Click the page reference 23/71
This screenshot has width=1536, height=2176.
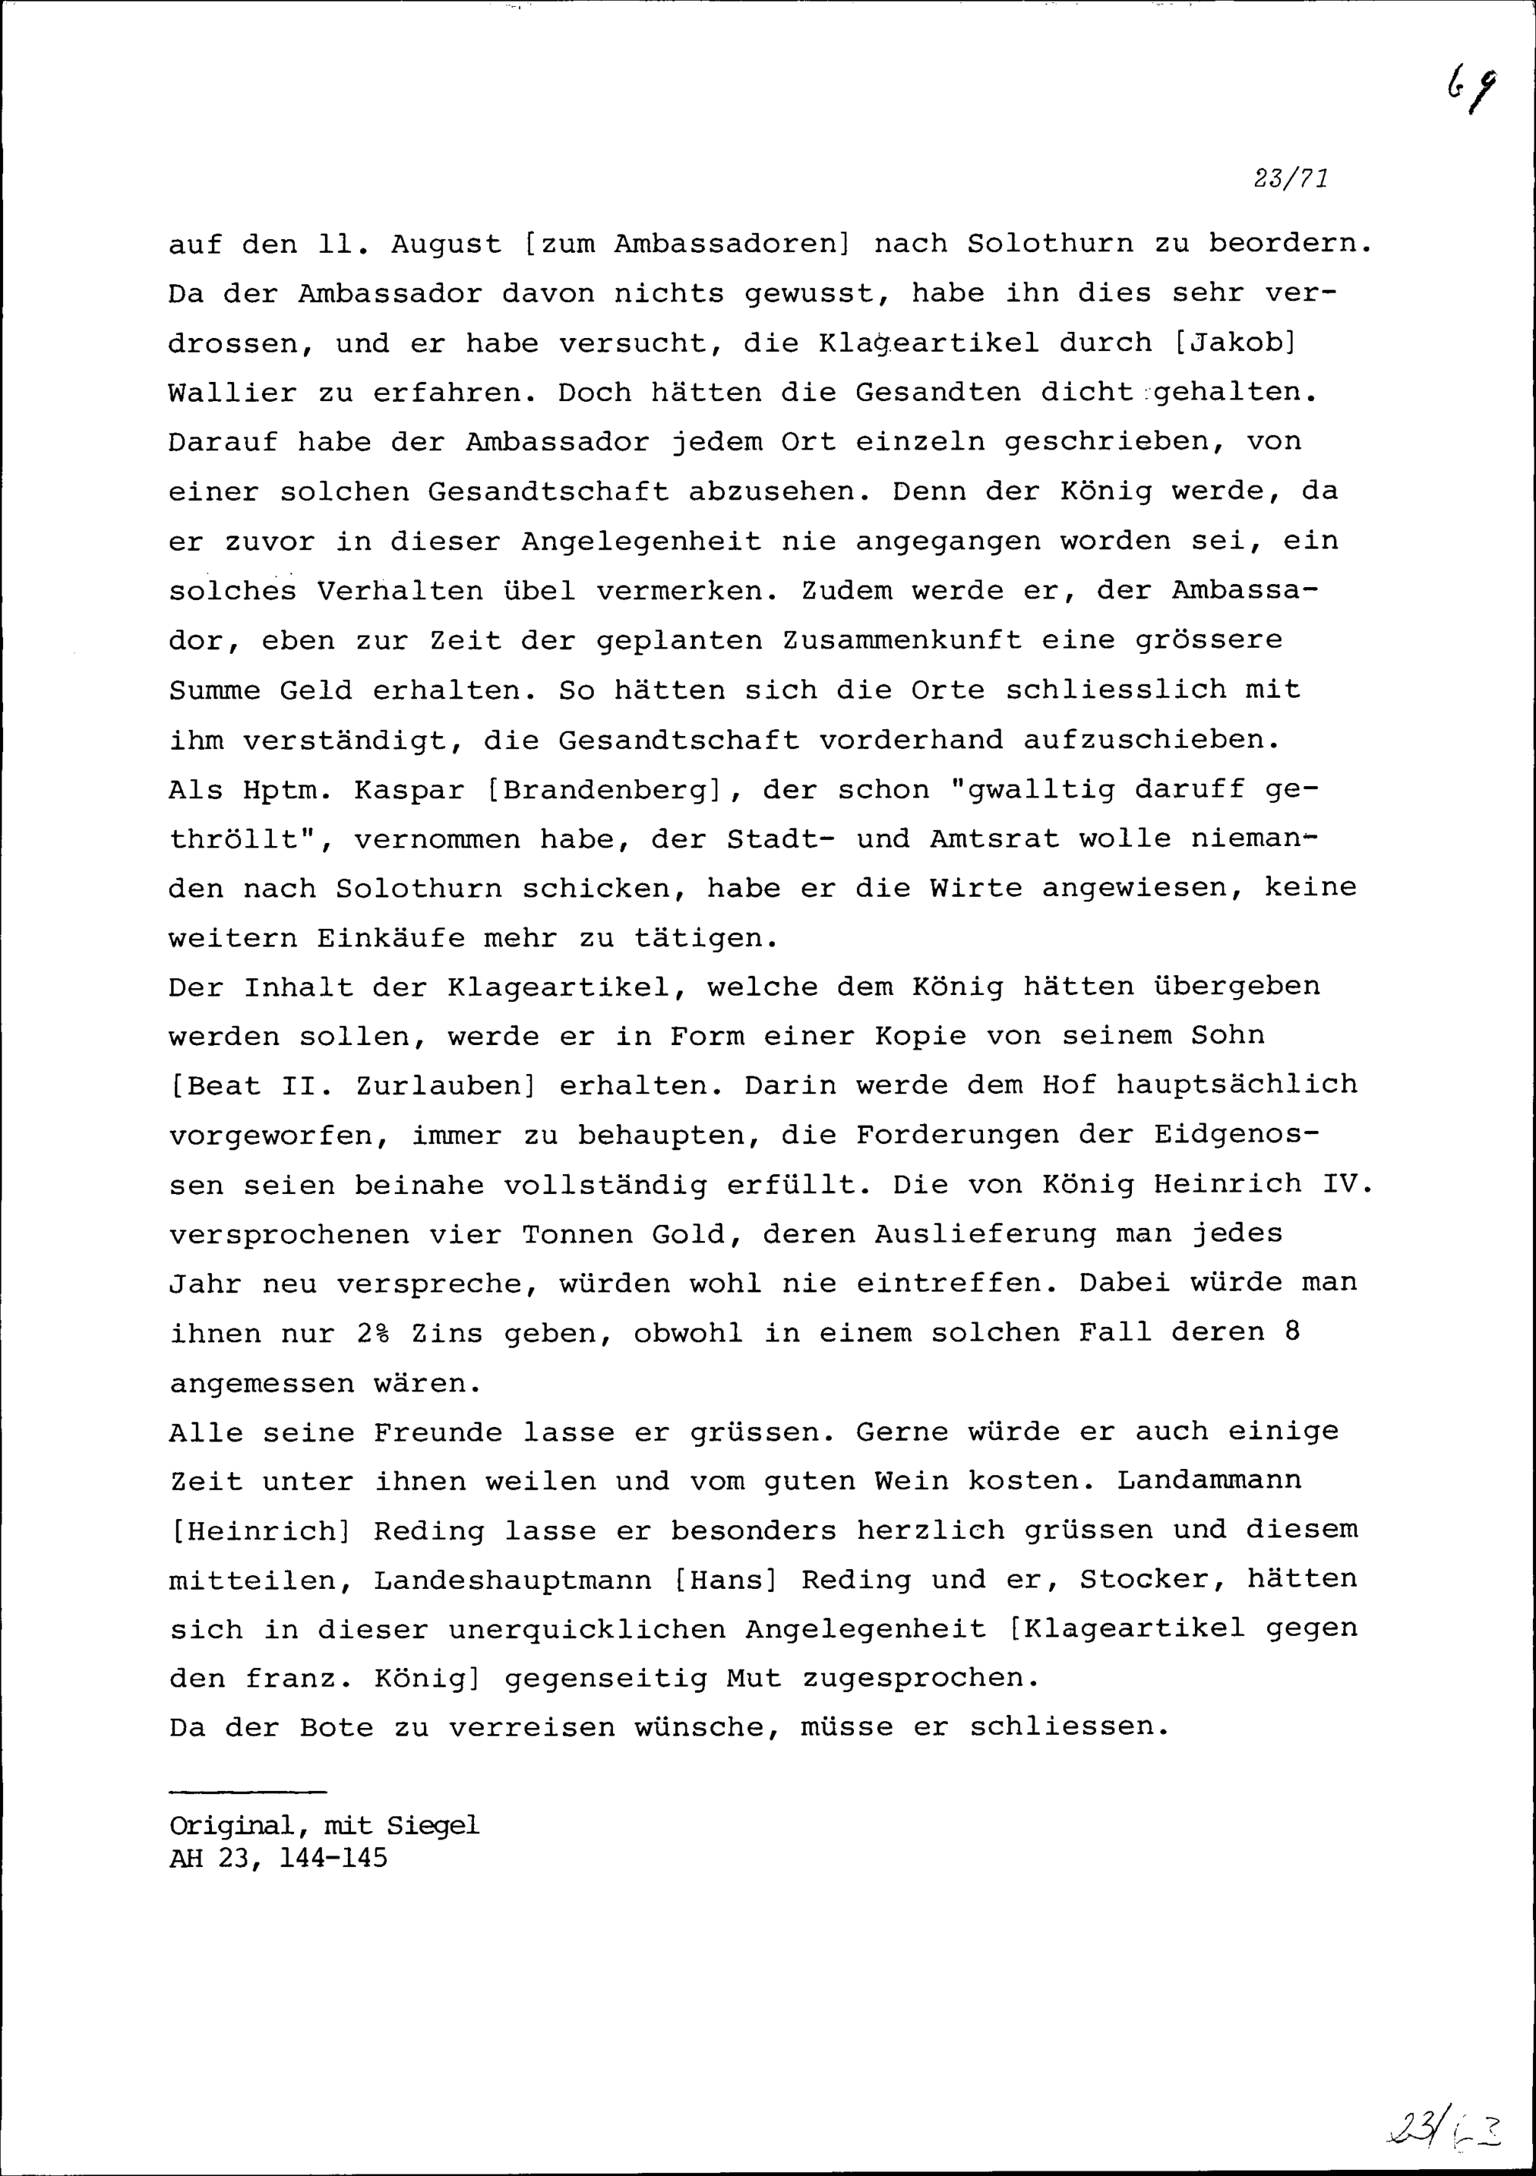1289,178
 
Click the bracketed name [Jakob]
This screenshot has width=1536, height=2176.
1235,343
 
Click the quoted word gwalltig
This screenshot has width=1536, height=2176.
1038,789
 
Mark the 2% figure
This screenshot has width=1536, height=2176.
374,1333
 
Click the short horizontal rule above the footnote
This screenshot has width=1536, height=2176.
247,1792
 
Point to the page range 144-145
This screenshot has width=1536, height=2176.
333,1859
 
